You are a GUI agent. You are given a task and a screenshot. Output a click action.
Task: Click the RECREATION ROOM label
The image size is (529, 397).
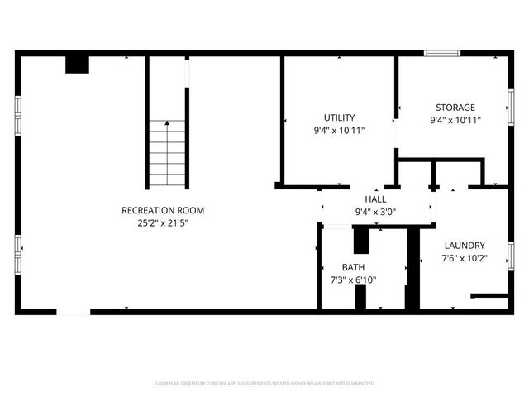(x=163, y=210)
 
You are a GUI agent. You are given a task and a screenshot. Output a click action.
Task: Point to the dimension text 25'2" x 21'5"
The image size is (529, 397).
(x=163, y=223)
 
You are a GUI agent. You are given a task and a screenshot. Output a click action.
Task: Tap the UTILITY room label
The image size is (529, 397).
(x=339, y=117)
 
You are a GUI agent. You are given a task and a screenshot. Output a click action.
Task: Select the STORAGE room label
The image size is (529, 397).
(x=455, y=108)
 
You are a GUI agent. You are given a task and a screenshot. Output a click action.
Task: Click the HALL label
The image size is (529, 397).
(x=376, y=199)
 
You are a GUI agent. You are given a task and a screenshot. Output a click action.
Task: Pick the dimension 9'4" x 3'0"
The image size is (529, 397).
(x=376, y=212)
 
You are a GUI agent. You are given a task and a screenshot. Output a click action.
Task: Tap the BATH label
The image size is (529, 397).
(x=353, y=267)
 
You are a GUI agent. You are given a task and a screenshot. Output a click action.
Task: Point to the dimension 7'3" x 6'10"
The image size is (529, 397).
(x=353, y=280)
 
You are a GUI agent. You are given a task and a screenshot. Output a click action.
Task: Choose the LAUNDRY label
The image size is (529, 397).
(x=465, y=246)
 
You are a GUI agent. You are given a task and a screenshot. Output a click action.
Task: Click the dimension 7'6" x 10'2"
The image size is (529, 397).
(x=465, y=258)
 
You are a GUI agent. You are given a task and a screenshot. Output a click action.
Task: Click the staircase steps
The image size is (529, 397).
(x=168, y=157)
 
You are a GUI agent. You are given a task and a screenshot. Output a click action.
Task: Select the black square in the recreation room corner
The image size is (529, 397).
(x=77, y=65)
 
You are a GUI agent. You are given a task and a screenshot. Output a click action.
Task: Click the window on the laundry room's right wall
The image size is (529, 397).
(x=511, y=255)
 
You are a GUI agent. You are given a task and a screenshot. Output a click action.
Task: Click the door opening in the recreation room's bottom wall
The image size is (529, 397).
(x=74, y=312)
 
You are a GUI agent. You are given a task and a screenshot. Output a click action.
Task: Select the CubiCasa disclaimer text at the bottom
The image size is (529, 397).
(x=264, y=384)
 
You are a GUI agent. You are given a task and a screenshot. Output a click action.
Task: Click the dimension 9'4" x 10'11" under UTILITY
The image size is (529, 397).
(x=339, y=131)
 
